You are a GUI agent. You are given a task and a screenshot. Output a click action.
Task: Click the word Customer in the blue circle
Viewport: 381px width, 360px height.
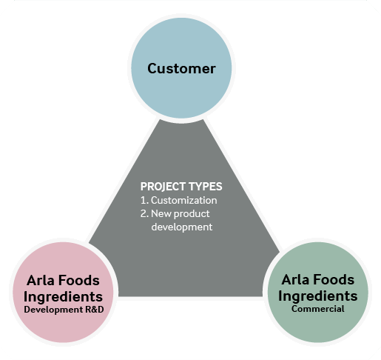tap(181, 68)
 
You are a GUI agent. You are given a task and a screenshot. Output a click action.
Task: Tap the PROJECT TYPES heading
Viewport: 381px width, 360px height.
tap(181, 187)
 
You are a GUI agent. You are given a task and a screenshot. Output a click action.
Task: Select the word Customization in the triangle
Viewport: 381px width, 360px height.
tap(184, 200)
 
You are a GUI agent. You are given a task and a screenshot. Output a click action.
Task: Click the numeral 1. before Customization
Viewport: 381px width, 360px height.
tap(144, 200)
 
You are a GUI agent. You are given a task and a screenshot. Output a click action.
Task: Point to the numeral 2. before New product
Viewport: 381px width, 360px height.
tap(144, 213)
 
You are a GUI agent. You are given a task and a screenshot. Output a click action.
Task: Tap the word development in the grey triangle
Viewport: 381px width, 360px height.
tap(182, 227)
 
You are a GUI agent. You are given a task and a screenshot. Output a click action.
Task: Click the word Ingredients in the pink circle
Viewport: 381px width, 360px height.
tap(63, 297)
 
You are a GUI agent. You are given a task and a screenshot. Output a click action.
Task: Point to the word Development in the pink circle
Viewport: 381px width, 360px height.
tap(53, 310)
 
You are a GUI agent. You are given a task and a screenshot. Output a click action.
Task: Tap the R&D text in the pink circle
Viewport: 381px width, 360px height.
tap(95, 310)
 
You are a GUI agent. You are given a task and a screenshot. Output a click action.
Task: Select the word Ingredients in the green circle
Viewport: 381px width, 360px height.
tap(318, 296)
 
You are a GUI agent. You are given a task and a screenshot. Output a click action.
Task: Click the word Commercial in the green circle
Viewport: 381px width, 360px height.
tap(318, 309)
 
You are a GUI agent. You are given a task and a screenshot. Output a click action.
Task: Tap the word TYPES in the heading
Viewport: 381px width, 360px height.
tap(206, 187)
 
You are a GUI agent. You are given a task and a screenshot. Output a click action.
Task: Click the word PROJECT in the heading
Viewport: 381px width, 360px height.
tap(163, 187)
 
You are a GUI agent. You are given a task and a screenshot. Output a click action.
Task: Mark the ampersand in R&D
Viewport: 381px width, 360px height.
tap(95, 310)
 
